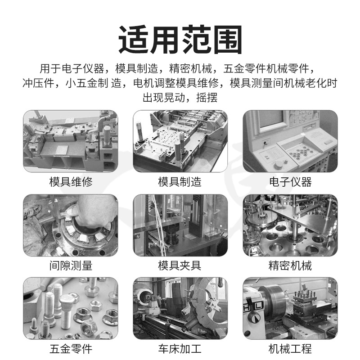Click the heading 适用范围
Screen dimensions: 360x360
pos(180,40)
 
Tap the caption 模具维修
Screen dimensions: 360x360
pos(71,182)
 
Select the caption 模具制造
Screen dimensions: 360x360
pos(180,182)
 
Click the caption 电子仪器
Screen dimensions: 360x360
pos(290,182)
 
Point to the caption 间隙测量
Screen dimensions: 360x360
pos(71,265)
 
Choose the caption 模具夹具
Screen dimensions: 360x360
pos(180,265)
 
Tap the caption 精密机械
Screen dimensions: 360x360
pos(290,265)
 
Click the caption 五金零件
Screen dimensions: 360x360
pos(71,349)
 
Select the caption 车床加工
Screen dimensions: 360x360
pos(180,349)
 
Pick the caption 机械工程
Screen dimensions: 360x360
pos(290,349)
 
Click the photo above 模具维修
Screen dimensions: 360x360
pos(71,141)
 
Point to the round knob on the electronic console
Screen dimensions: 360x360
pos(278,164)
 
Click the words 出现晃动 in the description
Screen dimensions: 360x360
pos(164,98)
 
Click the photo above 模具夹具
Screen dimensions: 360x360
pos(180,225)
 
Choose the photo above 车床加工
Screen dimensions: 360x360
pos(180,309)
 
